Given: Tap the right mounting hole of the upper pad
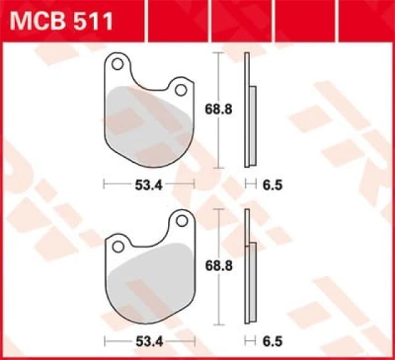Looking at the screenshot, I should tap(180, 90).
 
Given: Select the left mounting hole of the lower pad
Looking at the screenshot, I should tap(119, 247).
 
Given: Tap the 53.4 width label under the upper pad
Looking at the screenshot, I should tap(148, 184).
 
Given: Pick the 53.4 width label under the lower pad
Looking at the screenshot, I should tap(148, 340).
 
